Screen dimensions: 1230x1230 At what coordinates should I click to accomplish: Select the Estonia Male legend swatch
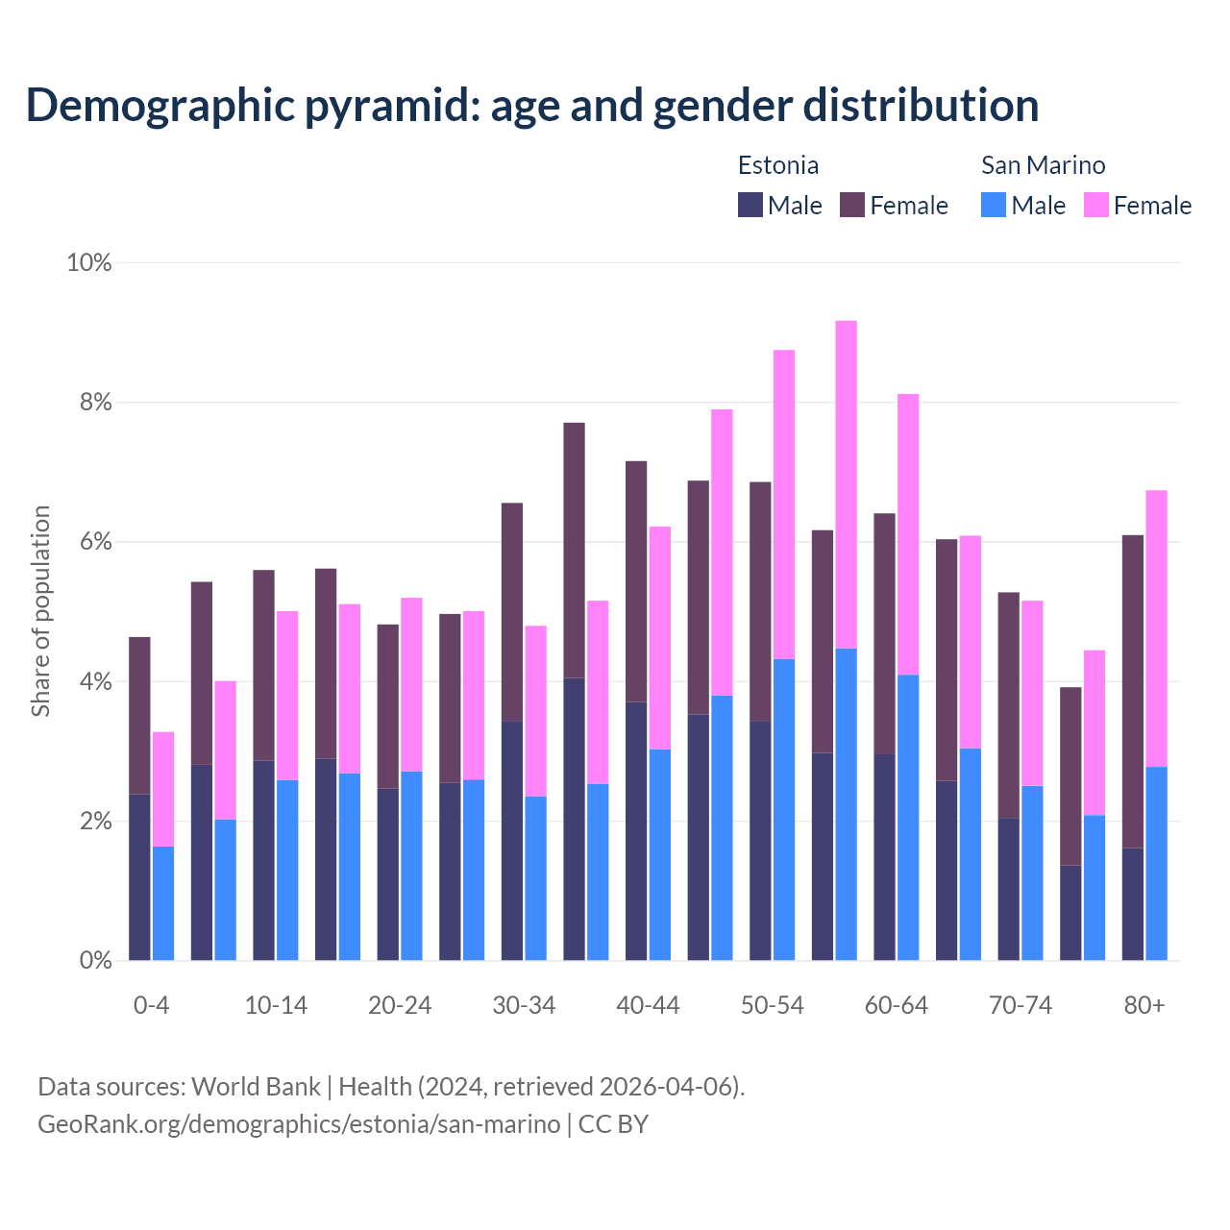coord(750,205)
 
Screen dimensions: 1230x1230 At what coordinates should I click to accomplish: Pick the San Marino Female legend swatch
coord(1095,205)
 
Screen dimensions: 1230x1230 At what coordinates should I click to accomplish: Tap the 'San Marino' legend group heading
coord(1043,165)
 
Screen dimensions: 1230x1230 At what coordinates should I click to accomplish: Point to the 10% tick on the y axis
coord(88,262)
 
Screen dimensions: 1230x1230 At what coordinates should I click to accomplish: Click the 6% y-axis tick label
coord(95,542)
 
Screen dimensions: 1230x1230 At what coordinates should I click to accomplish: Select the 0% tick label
coord(95,960)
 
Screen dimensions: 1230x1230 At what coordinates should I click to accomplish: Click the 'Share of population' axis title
coord(40,611)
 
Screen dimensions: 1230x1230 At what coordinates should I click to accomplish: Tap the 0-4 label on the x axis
coord(151,1005)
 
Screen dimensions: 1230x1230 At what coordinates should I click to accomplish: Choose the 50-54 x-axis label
coord(772,1005)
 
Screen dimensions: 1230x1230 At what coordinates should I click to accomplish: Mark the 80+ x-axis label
coord(1144,1005)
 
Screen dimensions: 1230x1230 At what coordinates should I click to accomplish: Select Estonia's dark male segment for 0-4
coord(139,876)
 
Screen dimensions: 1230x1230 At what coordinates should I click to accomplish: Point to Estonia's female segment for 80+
coord(1133,691)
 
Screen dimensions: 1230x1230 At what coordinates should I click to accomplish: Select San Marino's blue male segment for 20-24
coord(411,865)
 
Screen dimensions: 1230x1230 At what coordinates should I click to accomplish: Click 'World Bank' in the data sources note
coord(256,1087)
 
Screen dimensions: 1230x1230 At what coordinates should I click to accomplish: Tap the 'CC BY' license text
coord(613,1123)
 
